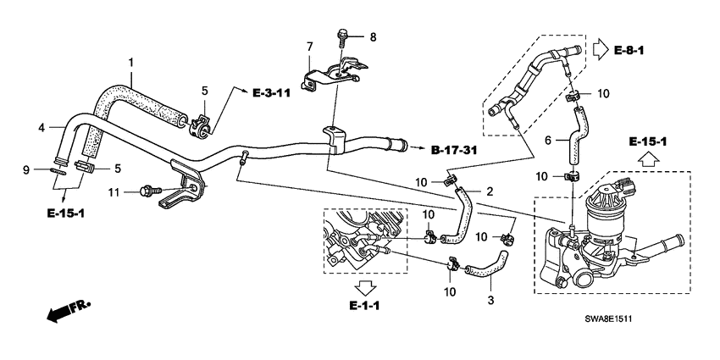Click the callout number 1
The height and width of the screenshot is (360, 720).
131,62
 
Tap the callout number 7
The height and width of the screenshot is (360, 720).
310,45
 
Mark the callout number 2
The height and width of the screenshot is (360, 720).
489,192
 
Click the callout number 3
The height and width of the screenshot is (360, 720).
490,300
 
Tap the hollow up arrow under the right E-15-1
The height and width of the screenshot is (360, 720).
648,158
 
